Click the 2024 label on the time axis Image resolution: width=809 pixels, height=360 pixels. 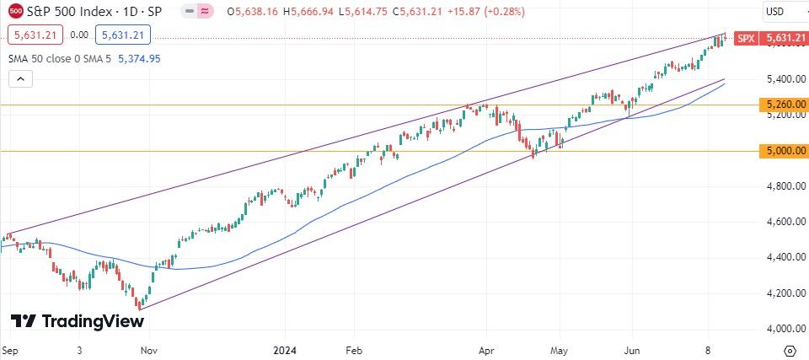285,348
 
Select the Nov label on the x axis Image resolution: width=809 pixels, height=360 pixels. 148,348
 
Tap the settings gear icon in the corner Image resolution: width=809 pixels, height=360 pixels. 790,349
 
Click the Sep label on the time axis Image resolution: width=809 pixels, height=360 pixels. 10,348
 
